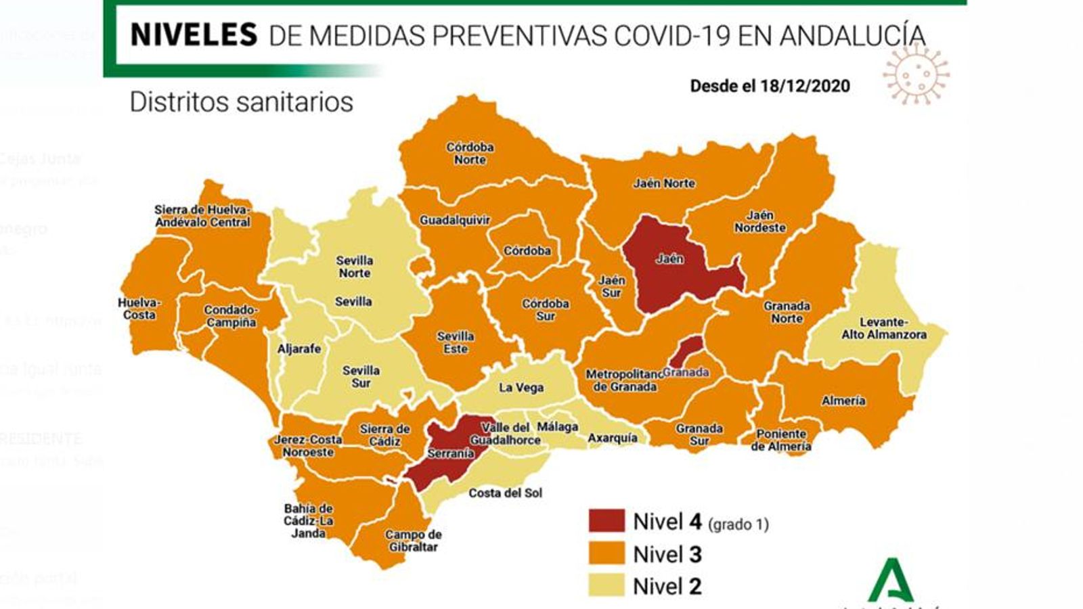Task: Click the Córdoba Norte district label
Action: pos(470,153)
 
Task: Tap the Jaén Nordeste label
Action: pos(760,221)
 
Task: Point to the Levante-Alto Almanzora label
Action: pos(883,328)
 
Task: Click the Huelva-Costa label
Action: pos(139,309)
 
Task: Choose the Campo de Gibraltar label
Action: pos(413,540)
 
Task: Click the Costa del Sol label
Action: pos(505,493)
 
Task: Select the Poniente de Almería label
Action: pos(781,440)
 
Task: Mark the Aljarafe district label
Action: pos(299,348)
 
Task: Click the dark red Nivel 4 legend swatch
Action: pos(606,521)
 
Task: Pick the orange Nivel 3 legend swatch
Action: pos(606,554)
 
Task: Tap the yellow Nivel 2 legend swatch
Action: pos(606,585)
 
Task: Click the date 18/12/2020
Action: pos(805,86)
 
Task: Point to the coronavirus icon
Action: pos(916,74)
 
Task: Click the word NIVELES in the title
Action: pos(194,35)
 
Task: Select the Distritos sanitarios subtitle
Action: pos(241,102)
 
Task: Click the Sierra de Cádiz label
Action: pos(384,434)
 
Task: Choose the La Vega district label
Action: pos(521,388)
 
